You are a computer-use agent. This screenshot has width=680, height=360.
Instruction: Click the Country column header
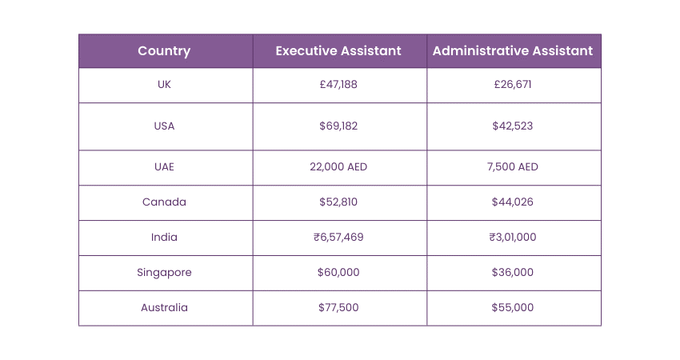pyautogui.click(x=164, y=51)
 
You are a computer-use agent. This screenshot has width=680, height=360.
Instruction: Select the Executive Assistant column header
pyautogui.click(x=338, y=51)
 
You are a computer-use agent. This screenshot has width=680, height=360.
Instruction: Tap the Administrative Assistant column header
pyautogui.click(x=513, y=51)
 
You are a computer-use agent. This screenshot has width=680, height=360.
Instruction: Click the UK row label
pyautogui.click(x=164, y=84)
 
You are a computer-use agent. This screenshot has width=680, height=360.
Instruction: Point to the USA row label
pyautogui.click(x=164, y=126)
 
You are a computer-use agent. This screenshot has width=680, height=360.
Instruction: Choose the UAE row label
pyautogui.click(x=164, y=167)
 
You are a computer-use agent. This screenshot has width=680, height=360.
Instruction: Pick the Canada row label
pyautogui.click(x=164, y=202)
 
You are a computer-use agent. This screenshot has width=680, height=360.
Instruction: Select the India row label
pyautogui.click(x=164, y=237)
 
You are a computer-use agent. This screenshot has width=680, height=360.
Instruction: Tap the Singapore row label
pyautogui.click(x=164, y=272)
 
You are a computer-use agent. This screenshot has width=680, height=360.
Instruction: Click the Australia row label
pyautogui.click(x=164, y=307)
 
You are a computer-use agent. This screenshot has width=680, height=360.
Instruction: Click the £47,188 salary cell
pyautogui.click(x=338, y=84)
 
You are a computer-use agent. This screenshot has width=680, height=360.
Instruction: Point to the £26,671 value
pyautogui.click(x=513, y=84)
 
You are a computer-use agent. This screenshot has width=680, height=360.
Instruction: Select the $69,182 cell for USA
pyautogui.click(x=338, y=126)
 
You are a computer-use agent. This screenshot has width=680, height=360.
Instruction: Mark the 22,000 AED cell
pyautogui.click(x=338, y=167)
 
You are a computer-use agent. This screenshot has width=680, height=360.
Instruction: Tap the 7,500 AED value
pyautogui.click(x=513, y=167)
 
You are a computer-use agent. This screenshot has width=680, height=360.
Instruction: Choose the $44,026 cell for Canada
pyautogui.click(x=513, y=202)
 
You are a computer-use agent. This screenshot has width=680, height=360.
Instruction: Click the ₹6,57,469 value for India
pyautogui.click(x=338, y=237)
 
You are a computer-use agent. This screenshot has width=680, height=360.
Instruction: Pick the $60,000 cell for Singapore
pyautogui.click(x=338, y=272)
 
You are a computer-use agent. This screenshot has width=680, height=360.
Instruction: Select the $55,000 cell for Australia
pyautogui.click(x=513, y=307)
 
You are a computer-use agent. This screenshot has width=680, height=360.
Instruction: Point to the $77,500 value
pyautogui.click(x=338, y=307)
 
